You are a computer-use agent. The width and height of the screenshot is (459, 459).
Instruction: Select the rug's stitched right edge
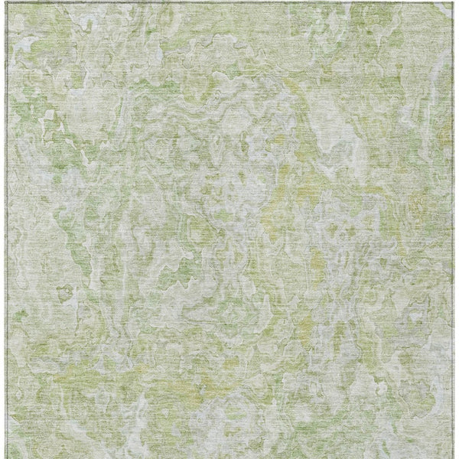pos(452,229)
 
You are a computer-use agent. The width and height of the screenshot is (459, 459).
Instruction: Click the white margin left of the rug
pos(3,229)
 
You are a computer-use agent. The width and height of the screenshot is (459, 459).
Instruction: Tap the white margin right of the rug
pos(456,229)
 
